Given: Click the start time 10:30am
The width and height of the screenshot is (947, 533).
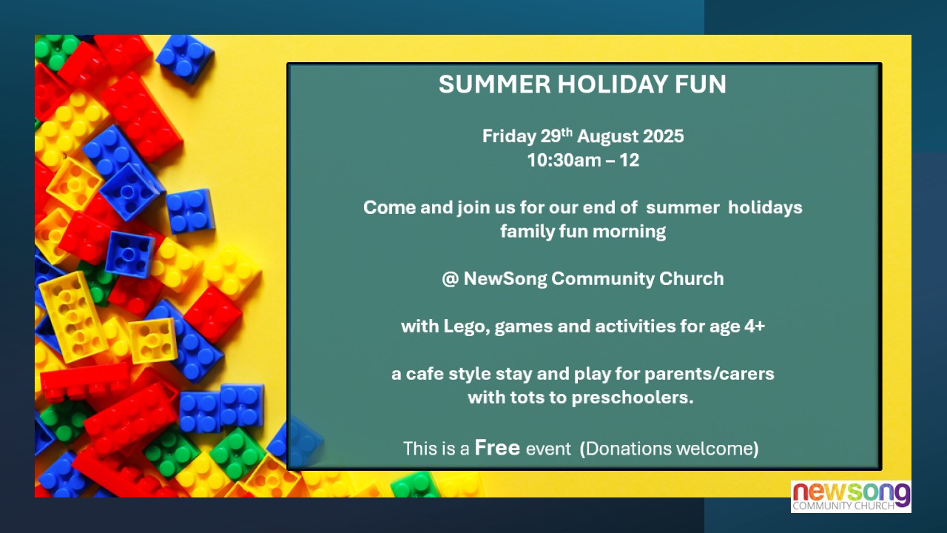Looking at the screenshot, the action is coord(564,161).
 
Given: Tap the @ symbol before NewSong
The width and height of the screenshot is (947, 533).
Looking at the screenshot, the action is coord(451,279).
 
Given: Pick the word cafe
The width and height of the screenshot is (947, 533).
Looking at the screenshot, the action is coord(425,374).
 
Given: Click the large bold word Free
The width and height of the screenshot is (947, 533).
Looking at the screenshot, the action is coord(497,448).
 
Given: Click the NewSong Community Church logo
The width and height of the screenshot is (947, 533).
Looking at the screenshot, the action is coord(851,497).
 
